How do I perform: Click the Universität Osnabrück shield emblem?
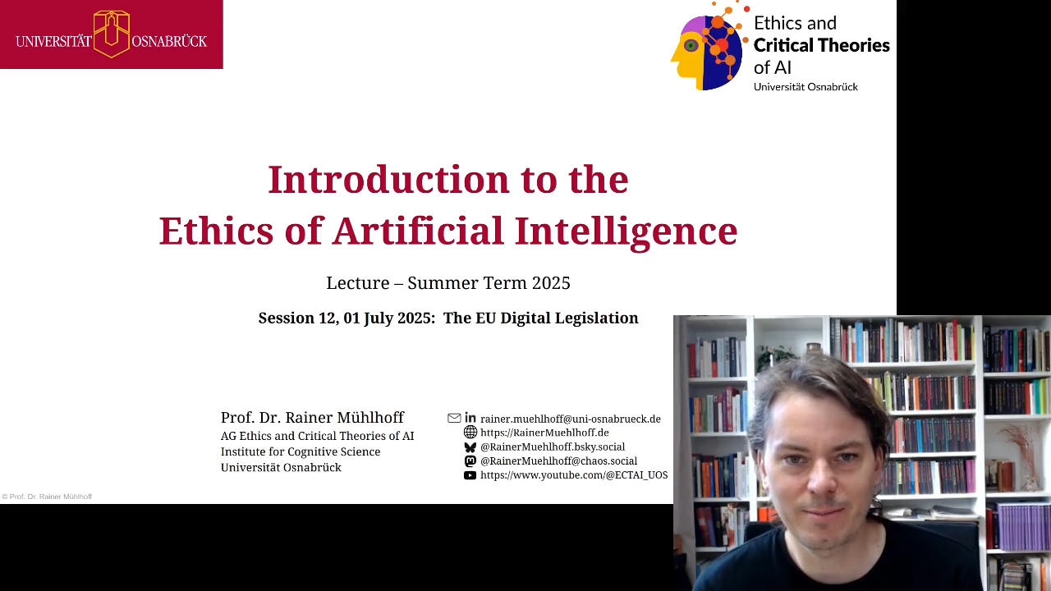tap(111, 34)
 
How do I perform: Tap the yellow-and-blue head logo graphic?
tap(709, 46)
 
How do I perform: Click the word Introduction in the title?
tap(388, 180)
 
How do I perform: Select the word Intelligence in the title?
tap(626, 231)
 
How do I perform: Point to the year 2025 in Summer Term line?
tap(551, 283)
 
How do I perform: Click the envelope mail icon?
tap(454, 418)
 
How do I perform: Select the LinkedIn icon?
tap(470, 418)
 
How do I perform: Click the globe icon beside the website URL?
tap(470, 432)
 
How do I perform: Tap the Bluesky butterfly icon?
tap(470, 447)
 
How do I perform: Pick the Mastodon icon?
tap(470, 461)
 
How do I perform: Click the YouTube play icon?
tap(470, 475)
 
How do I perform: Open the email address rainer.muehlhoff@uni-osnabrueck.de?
tap(571, 419)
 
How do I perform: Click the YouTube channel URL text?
tap(574, 475)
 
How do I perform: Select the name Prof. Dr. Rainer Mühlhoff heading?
tap(313, 418)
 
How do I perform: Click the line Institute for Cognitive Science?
tap(301, 451)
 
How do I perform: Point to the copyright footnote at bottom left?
tap(47, 497)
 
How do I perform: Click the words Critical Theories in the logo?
tap(822, 45)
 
